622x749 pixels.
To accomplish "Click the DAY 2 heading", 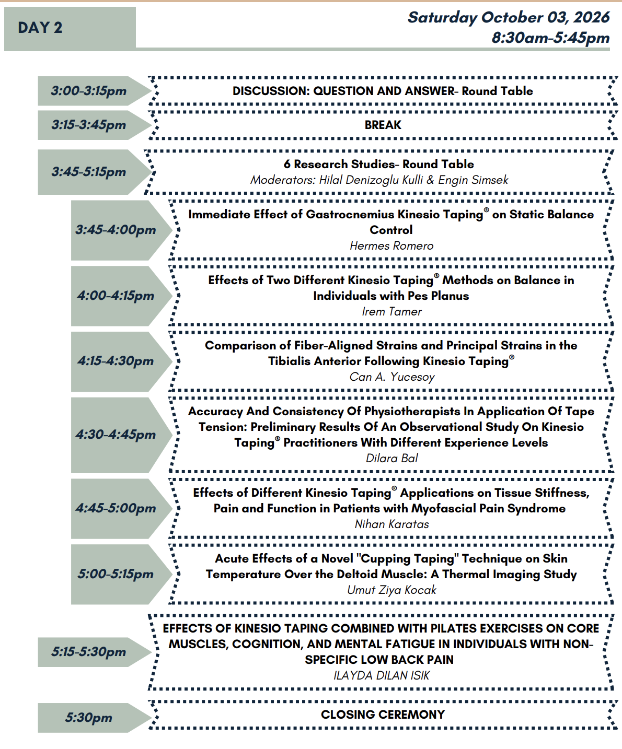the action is [40, 28].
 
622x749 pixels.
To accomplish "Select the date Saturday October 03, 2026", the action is [509, 18].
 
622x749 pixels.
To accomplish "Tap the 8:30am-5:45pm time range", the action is [550, 38].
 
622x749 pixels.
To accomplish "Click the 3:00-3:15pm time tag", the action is [89, 91].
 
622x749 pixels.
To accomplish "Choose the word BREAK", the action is [383, 125].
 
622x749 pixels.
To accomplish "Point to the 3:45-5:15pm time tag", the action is [89, 172].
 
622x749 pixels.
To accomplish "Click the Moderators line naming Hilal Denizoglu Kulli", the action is [379, 180].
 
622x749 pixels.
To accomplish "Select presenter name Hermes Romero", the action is [391, 245].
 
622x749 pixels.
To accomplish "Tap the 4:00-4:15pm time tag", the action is [115, 296].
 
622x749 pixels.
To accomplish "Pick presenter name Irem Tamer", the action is [391, 311].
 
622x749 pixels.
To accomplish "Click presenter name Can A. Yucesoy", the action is [392, 377].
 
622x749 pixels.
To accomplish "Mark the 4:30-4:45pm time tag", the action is [115, 435].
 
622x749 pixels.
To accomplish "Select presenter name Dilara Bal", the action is [391, 458].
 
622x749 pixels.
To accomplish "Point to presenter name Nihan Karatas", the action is [391, 524].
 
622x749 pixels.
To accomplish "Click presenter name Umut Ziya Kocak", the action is [391, 590].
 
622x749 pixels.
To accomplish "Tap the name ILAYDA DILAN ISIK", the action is [381, 675].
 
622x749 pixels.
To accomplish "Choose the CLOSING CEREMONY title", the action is [383, 714].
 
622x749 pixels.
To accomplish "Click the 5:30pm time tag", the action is [89, 718].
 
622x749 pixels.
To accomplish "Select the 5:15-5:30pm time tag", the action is [89, 651].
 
